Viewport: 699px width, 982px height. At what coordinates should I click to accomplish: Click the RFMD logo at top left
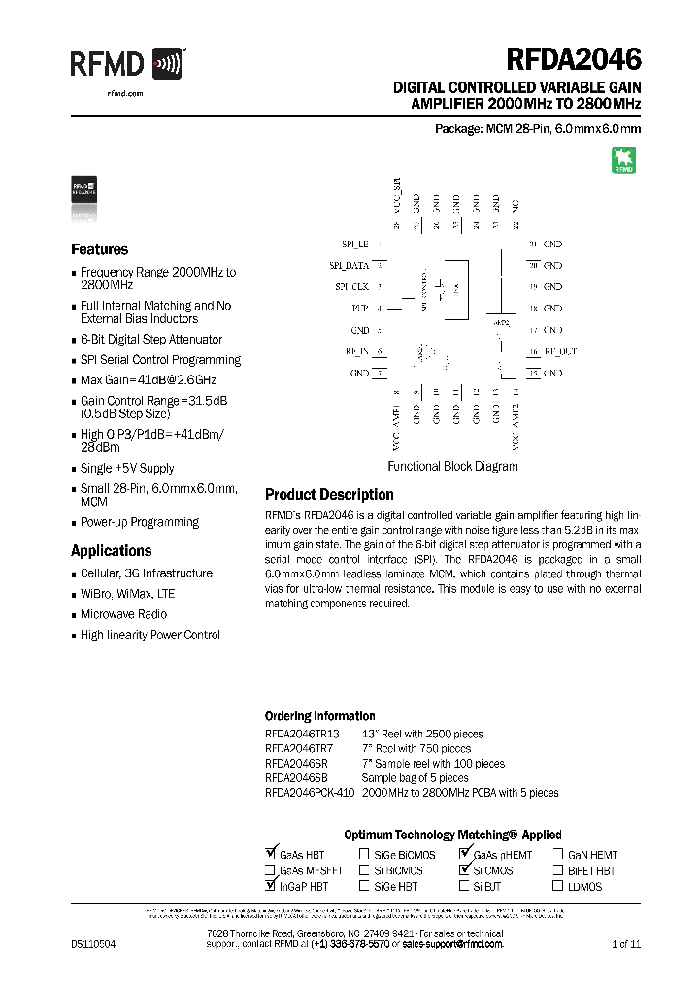(126, 65)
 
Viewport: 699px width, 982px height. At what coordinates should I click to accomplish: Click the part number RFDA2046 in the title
(573, 60)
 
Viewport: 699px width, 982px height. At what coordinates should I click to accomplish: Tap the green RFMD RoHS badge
(622, 160)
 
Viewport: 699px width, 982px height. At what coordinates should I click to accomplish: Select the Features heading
(99, 249)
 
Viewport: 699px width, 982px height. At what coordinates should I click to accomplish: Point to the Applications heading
(111, 551)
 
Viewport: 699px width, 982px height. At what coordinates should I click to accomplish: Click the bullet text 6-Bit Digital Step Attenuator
(151, 340)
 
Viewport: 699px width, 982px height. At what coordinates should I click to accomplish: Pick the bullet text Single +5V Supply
(127, 468)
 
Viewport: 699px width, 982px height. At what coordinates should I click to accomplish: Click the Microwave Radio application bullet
(123, 614)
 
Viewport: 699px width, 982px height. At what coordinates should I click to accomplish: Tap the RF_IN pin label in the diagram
(357, 351)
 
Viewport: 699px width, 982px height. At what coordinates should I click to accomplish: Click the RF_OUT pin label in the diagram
(559, 351)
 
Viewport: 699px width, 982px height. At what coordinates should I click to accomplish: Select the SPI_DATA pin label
(349, 265)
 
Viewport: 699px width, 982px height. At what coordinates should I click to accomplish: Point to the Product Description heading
(329, 495)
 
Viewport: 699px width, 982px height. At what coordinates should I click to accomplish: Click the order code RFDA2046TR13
(302, 735)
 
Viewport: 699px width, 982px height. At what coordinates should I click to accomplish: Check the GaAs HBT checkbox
(270, 855)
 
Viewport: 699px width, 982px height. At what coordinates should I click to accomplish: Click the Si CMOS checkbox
(464, 870)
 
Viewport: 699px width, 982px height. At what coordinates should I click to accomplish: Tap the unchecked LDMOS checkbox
(558, 886)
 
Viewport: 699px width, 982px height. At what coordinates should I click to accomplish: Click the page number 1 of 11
(626, 944)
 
